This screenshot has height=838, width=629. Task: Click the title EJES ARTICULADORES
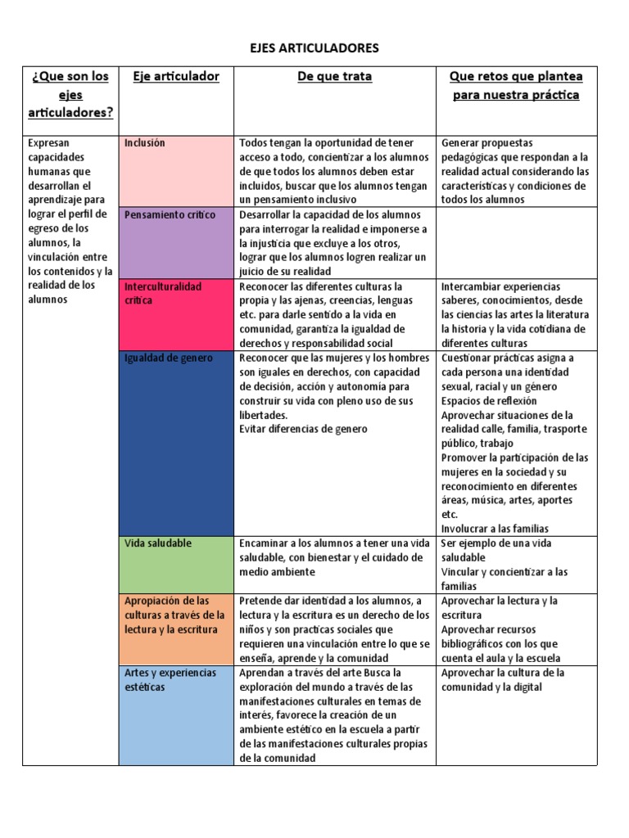[x=314, y=48]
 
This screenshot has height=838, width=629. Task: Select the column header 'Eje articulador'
[x=176, y=76]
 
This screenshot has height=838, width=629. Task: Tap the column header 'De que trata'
[x=334, y=76]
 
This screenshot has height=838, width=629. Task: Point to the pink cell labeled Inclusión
[x=176, y=170]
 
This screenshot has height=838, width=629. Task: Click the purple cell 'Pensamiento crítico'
[x=176, y=242]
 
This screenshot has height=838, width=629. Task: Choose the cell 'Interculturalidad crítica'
[x=176, y=314]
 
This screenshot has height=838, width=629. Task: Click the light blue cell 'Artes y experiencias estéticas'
[x=176, y=714]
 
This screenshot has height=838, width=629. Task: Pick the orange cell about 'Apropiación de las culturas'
[x=176, y=628]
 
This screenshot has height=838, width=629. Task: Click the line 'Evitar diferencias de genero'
[x=303, y=429]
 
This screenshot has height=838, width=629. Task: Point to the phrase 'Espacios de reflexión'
[x=489, y=400]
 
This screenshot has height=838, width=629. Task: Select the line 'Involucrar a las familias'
[x=495, y=529]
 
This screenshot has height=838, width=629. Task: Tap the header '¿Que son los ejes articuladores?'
[x=70, y=94]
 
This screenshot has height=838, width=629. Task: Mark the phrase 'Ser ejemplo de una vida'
[x=496, y=543]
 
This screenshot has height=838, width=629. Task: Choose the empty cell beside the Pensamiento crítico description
[x=518, y=242]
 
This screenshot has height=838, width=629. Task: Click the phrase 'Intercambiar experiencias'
[x=500, y=286]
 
